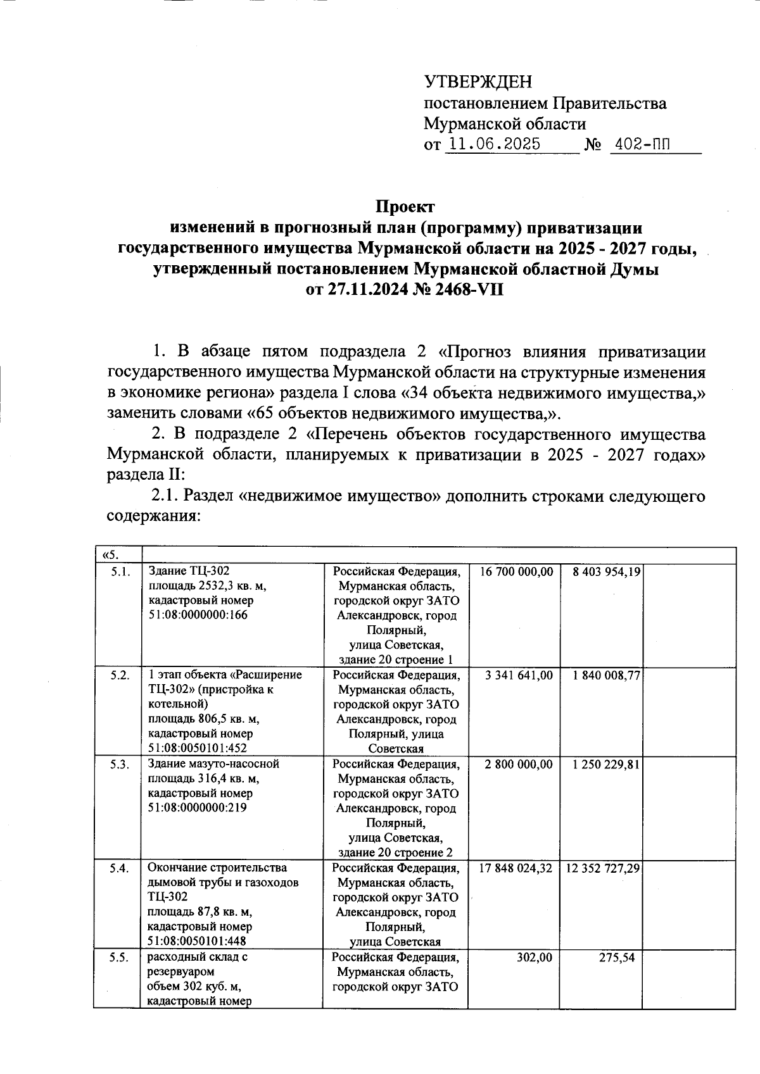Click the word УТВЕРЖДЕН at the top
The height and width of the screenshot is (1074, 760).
point(478,82)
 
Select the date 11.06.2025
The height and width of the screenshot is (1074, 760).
point(493,144)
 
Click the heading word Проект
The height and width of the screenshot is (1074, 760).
point(405,208)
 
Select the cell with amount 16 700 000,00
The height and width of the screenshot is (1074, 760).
point(516,571)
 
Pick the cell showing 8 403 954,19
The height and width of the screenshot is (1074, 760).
point(606,571)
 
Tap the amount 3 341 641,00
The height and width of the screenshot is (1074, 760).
point(519,675)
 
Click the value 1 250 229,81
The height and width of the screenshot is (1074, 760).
point(606,764)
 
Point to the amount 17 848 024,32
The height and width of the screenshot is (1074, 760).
point(515,868)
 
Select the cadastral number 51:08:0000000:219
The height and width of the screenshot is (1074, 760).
point(197,808)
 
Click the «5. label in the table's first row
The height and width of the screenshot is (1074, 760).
point(109,556)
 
